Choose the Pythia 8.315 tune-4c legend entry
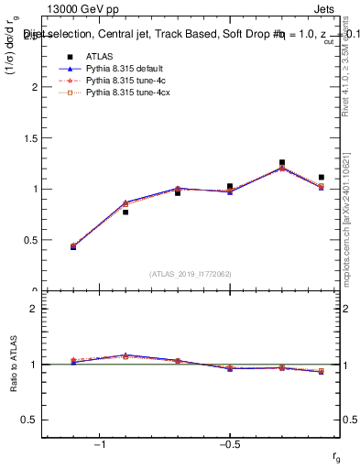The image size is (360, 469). coord(118,81)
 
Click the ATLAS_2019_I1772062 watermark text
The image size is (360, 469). coord(191,273)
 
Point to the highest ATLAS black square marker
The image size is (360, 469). coord(282,162)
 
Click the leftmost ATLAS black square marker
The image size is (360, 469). coord(73,247)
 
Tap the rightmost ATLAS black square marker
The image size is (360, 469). coord(321,177)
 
